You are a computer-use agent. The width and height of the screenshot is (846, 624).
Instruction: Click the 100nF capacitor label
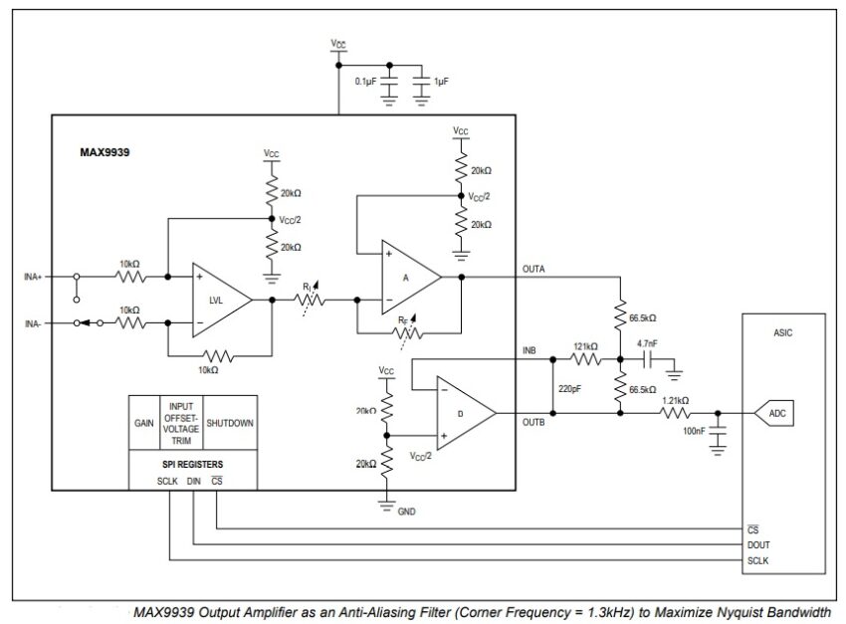click(695, 433)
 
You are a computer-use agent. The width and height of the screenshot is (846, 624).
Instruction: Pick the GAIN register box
click(143, 423)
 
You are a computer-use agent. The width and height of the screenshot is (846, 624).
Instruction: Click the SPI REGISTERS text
click(193, 464)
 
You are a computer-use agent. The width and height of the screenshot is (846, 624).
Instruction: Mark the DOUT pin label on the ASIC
click(758, 544)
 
